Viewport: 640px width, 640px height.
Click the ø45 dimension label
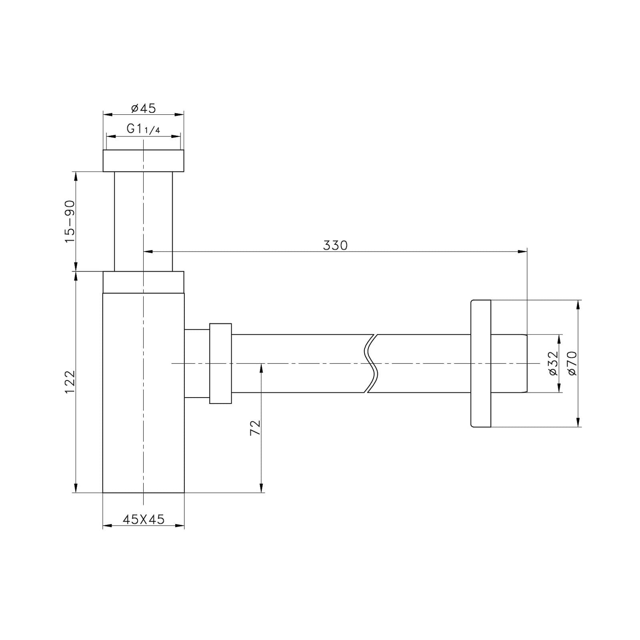(143, 108)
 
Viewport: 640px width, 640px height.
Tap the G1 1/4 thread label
(143, 129)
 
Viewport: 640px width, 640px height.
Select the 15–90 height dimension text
(70, 221)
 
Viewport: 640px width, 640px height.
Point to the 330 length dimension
(335, 245)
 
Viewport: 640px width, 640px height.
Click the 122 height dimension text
(70, 382)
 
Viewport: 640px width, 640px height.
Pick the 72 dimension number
(255, 428)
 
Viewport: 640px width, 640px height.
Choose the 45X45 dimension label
(143, 519)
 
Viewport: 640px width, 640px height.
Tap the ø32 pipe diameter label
(553, 363)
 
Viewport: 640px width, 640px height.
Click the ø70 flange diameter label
(572, 363)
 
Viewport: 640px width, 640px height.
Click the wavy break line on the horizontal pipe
(370, 363)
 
